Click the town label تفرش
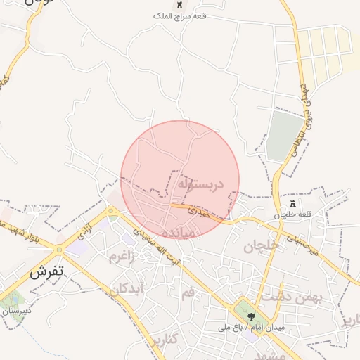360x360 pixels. point(48,274)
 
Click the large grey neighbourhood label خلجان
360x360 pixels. point(262,246)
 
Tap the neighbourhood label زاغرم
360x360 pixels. point(121,257)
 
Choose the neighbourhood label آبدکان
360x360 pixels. point(128,288)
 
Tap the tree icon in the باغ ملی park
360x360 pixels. point(251,316)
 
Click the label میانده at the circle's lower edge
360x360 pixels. point(176,233)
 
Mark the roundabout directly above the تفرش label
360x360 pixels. point(59,249)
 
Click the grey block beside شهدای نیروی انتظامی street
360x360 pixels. point(284,134)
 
